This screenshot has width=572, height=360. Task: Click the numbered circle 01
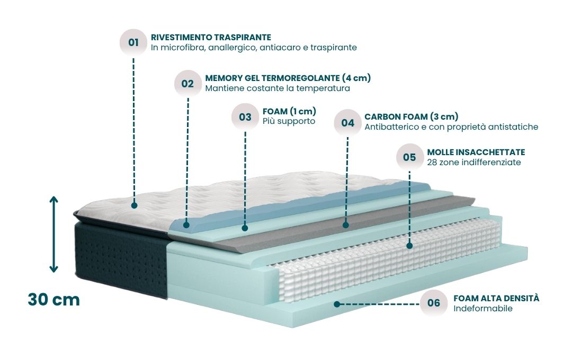pyautogui.click(x=133, y=42)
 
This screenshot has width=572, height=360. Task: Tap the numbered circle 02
pyautogui.click(x=187, y=84)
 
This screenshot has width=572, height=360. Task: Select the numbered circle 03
pyautogui.click(x=245, y=117)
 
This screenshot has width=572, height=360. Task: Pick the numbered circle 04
pyautogui.click(x=347, y=123)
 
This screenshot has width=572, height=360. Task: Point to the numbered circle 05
pyautogui.click(x=409, y=157)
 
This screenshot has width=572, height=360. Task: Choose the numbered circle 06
pyautogui.click(x=434, y=303)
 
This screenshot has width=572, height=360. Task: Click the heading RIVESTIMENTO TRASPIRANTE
pyautogui.click(x=211, y=37)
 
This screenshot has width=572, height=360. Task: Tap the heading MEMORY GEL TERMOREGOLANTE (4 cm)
pyautogui.click(x=288, y=78)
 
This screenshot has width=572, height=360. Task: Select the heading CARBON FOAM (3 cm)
pyautogui.click(x=411, y=116)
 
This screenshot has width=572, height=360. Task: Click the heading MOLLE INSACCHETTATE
pyautogui.click(x=476, y=152)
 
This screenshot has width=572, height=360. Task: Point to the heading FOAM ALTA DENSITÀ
pyautogui.click(x=496, y=298)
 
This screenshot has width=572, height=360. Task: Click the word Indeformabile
pyautogui.click(x=483, y=309)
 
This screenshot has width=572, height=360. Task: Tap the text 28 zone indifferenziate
pyautogui.click(x=474, y=163)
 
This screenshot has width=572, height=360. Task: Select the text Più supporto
pyautogui.click(x=289, y=121)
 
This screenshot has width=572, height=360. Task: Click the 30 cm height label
pyautogui.click(x=53, y=300)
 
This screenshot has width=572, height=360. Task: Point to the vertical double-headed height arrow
pyautogui.click(x=53, y=235)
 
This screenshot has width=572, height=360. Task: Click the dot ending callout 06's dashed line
pyautogui.click(x=337, y=304)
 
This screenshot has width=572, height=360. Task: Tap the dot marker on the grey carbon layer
pyautogui.click(x=346, y=225)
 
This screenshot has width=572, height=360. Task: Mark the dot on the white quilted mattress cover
pyautogui.click(x=134, y=205)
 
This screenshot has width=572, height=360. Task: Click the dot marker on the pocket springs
pyautogui.click(x=409, y=246)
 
